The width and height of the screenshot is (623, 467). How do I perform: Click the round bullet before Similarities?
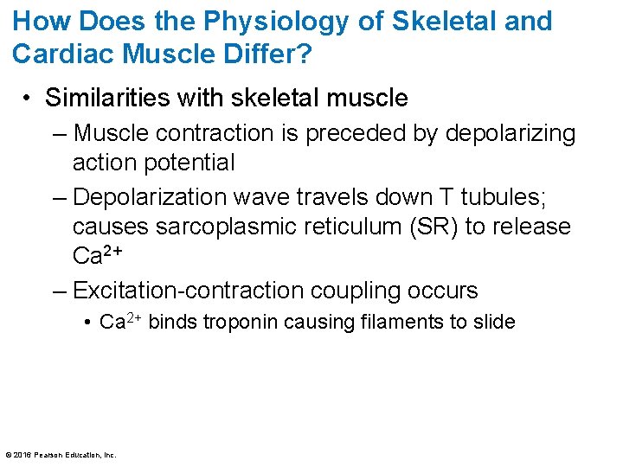tap(29, 99)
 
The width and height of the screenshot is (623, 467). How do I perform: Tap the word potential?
tap(191, 163)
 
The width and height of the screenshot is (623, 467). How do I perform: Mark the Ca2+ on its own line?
tap(95, 256)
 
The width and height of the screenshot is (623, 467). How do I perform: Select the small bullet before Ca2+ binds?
tap(89, 323)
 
